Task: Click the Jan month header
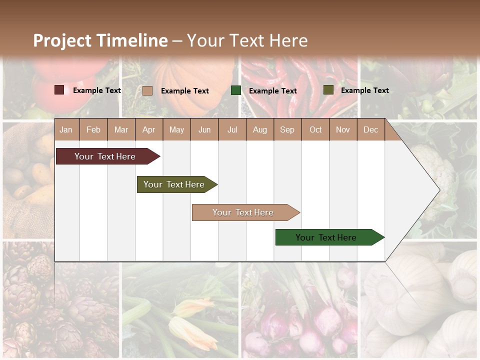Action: (66, 129)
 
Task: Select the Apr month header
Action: (149, 129)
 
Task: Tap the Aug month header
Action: (259, 129)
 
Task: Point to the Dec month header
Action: (370, 129)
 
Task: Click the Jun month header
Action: (204, 129)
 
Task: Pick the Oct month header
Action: (315, 129)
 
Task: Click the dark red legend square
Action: (59, 90)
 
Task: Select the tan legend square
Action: (147, 90)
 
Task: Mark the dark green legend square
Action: (236, 90)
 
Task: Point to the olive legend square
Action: (328, 90)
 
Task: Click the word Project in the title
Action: (62, 40)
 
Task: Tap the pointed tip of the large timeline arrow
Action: (438, 190)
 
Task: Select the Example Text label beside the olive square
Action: (364, 90)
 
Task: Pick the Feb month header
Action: (93, 129)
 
